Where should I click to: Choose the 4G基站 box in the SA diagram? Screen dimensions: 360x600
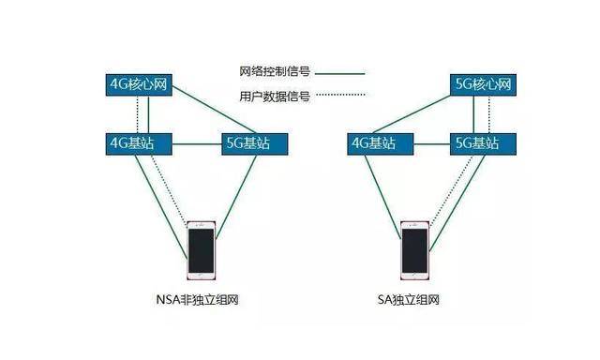(x=371, y=143)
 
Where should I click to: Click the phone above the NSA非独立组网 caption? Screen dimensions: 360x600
(x=201, y=249)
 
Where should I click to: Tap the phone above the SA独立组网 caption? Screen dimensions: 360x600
(x=415, y=249)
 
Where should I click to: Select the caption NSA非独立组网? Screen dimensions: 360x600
(x=202, y=301)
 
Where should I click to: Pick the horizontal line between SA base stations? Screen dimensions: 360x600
(x=426, y=144)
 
